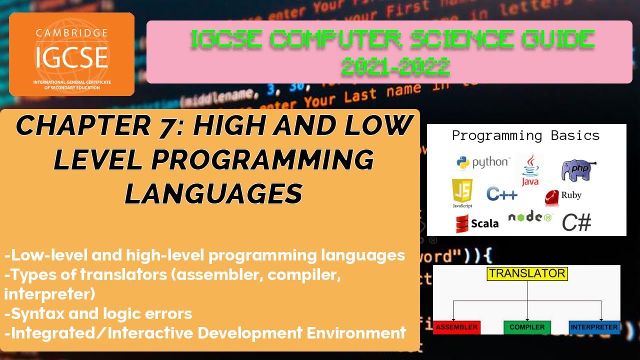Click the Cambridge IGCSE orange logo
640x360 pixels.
71,54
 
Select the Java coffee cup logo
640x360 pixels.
530,170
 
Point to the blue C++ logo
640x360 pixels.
502,194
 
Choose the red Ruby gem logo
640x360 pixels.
552,197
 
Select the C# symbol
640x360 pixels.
576,222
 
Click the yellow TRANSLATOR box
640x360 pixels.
526,273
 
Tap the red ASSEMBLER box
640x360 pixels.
456,327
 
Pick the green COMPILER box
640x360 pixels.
526,327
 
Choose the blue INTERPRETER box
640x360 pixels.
594,327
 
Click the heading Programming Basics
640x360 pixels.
525,135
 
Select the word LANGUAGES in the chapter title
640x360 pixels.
213,193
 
